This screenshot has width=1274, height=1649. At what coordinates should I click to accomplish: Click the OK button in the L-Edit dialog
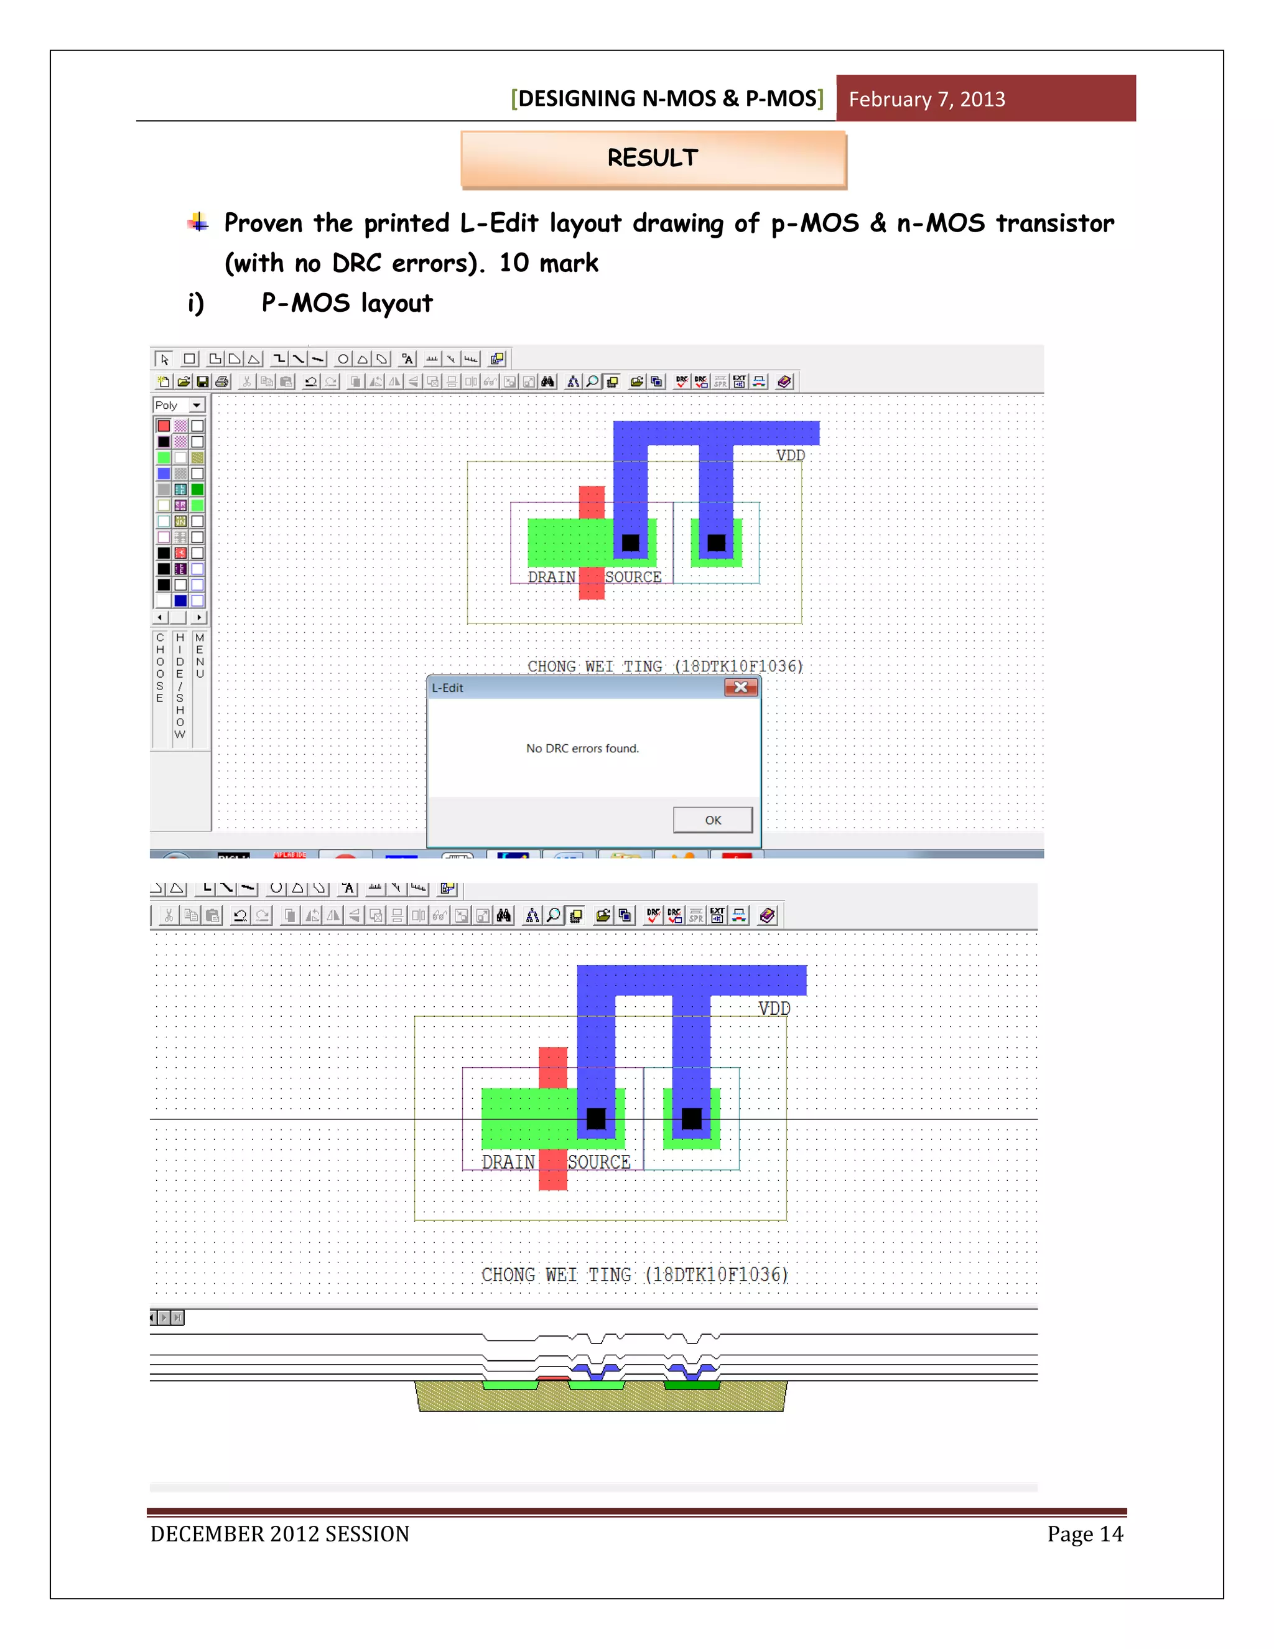click(x=712, y=820)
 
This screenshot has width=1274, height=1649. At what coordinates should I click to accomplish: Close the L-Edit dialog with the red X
click(x=740, y=687)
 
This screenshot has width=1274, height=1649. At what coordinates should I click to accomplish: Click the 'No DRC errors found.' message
click(x=582, y=748)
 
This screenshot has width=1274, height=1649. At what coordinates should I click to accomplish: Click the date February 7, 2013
click(x=926, y=99)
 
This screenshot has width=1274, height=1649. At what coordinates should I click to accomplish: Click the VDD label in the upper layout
click(x=790, y=455)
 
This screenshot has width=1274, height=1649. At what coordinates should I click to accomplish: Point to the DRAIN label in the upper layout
click(x=551, y=577)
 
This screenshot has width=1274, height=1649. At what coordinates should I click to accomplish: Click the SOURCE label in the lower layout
click(x=598, y=1162)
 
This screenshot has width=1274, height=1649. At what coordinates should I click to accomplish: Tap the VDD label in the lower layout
click(x=774, y=1009)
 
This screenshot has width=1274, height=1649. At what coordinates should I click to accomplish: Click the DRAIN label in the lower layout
click(x=508, y=1162)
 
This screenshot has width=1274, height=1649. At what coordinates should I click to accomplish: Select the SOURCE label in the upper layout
click(x=633, y=577)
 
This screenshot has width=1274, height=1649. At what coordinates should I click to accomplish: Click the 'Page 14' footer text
click(x=1084, y=1535)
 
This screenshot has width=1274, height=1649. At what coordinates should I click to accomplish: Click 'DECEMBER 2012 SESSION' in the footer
click(x=279, y=1535)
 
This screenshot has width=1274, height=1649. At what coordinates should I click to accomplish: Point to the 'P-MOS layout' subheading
click(x=346, y=303)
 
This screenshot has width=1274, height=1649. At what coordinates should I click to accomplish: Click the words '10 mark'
click(x=548, y=263)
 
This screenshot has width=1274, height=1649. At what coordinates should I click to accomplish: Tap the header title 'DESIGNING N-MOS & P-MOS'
click(x=667, y=99)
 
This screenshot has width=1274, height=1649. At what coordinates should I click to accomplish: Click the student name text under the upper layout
click(x=664, y=666)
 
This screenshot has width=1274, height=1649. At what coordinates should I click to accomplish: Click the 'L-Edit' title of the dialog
click(x=447, y=688)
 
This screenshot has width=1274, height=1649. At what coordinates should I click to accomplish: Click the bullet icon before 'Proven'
click(x=198, y=222)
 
